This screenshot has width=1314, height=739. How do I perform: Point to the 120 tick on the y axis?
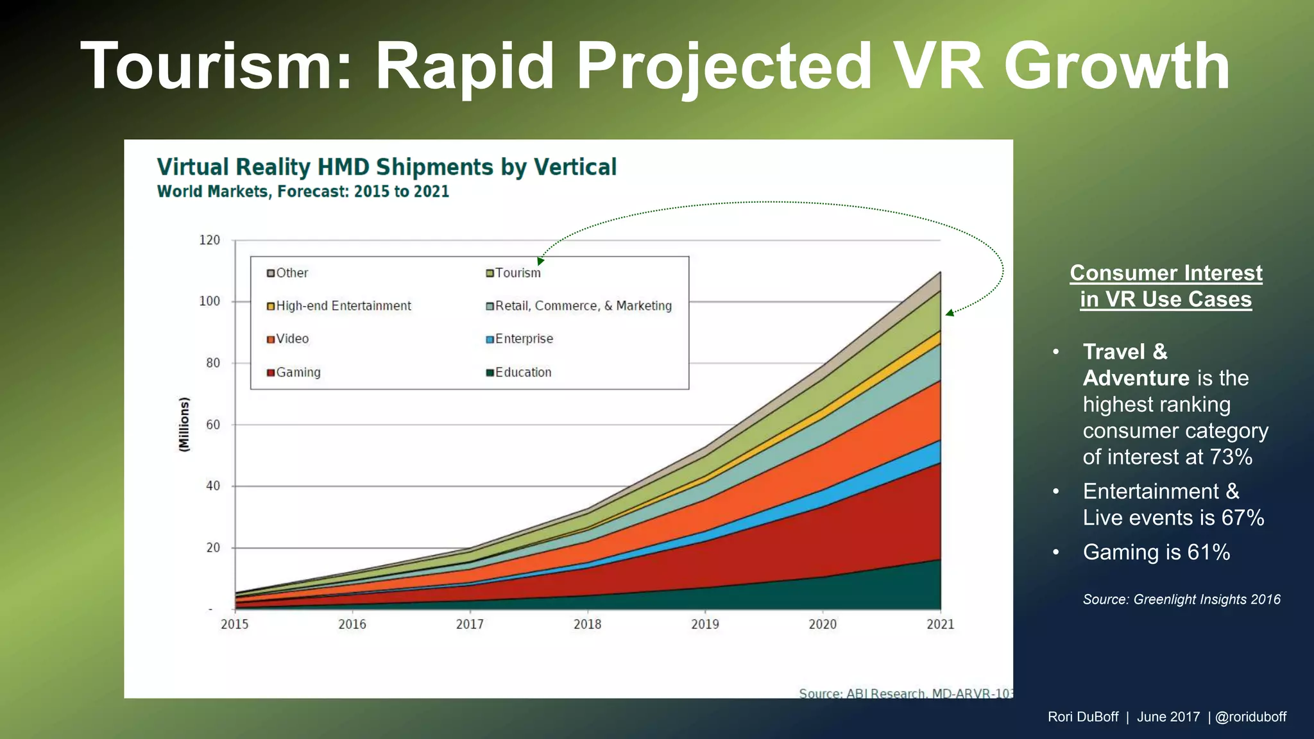pyautogui.click(x=210, y=241)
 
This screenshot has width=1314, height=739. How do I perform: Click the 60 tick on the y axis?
pyautogui.click(x=212, y=425)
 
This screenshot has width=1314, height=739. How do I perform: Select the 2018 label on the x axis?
pyautogui.click(x=587, y=624)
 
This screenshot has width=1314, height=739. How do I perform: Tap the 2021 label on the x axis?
pyautogui.click(x=940, y=624)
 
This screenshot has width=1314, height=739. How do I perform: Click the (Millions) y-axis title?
pyautogui.click(x=184, y=425)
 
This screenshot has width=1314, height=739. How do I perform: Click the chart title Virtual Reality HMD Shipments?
pyautogui.click(x=386, y=167)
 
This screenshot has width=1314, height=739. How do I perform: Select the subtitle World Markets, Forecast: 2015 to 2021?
pyautogui.click(x=303, y=192)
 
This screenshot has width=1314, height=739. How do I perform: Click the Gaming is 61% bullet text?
pyautogui.click(x=1156, y=552)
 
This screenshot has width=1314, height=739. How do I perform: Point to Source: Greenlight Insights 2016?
pyautogui.click(x=1181, y=600)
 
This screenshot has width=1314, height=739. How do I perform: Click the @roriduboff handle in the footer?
pyautogui.click(x=1250, y=717)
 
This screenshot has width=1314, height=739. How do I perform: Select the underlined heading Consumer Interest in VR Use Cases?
pyautogui.click(x=1166, y=286)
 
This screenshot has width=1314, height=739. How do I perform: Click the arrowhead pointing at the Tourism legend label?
pyautogui.click(x=540, y=261)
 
